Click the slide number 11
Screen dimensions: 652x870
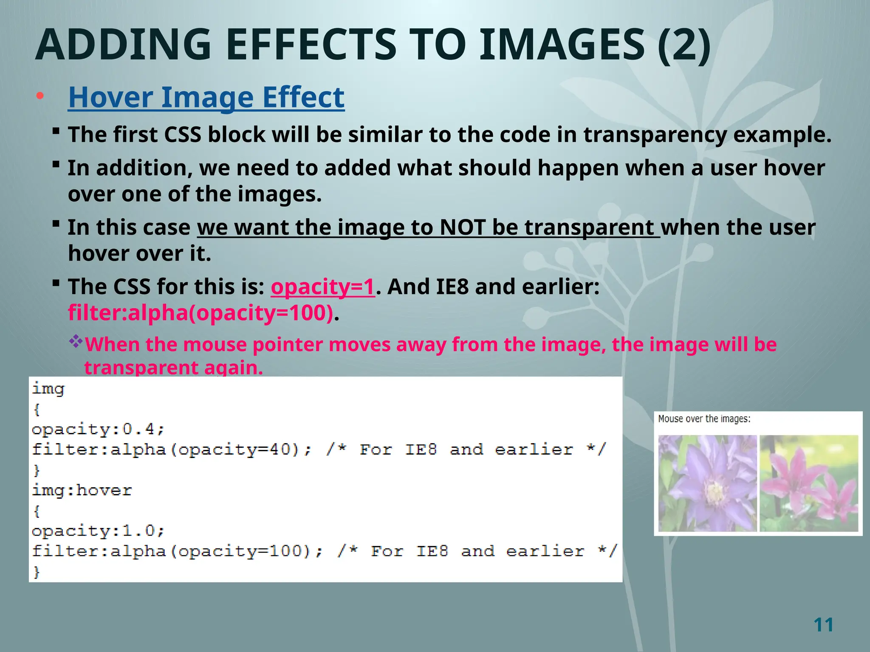pyautogui.click(x=823, y=625)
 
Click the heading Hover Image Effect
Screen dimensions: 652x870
pyautogui.click(x=206, y=97)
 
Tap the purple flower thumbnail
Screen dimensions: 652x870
pyautogui.click(x=707, y=483)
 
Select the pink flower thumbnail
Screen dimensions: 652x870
pyautogui.click(x=808, y=483)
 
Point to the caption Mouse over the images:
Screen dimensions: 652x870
pyautogui.click(x=704, y=419)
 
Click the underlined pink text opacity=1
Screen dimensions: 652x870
pyautogui.click(x=323, y=287)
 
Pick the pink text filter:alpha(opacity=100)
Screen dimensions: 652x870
pyautogui.click(x=201, y=313)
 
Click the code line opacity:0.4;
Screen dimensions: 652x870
pyautogui.click(x=98, y=429)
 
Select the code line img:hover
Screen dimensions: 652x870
pyautogui.click(x=82, y=491)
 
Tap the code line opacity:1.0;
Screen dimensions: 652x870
pyautogui.click(x=98, y=531)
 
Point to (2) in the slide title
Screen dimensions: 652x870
pyautogui.click(x=684, y=45)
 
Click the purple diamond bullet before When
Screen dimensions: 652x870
pyautogui.click(x=76, y=341)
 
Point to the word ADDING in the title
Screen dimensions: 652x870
pyautogui.click(x=123, y=45)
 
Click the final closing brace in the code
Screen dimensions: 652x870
pyautogui.click(x=37, y=572)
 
